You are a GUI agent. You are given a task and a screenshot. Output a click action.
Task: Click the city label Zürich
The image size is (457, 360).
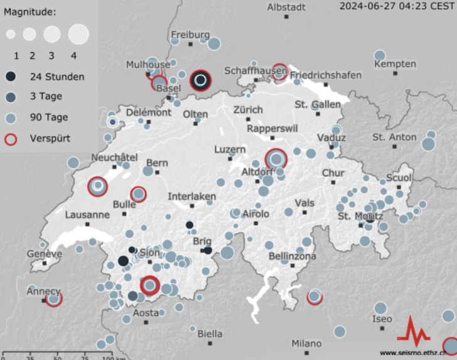247,109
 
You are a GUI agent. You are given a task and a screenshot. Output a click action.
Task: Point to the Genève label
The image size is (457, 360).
45,254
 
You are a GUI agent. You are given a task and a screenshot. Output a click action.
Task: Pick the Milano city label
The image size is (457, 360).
306,344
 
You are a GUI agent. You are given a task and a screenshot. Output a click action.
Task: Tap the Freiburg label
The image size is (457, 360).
190,34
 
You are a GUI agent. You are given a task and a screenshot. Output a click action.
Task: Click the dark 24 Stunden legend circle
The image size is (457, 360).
11,77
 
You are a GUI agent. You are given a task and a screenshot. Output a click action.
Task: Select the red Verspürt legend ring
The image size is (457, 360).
11,138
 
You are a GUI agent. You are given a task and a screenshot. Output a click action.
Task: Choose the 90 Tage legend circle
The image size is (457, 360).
11,117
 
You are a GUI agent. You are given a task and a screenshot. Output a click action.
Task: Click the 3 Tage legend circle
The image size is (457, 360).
11,97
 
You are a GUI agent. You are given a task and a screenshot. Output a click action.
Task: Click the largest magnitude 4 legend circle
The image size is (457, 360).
78,33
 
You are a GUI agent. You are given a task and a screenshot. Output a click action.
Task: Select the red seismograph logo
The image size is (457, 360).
413,330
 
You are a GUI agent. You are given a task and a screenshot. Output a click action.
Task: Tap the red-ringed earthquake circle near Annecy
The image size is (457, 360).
54,298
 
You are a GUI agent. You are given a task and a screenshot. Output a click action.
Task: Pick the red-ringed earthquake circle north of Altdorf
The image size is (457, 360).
276,160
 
